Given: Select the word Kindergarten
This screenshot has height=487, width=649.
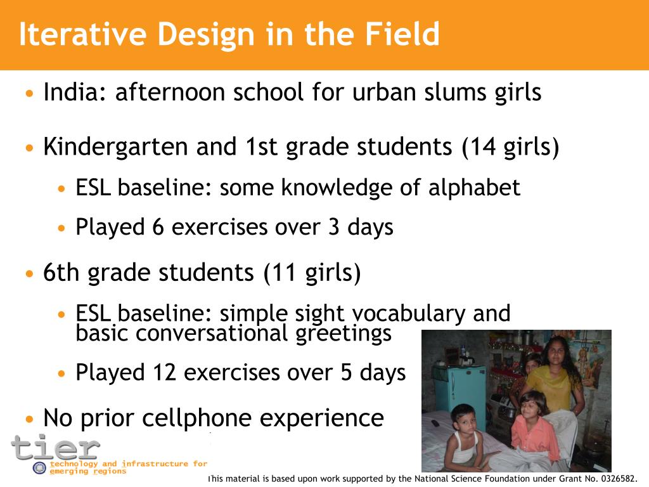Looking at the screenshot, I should click(115, 148).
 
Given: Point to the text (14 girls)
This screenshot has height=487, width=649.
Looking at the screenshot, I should click(510, 148).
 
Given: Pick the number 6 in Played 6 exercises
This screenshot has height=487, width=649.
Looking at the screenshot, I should click(158, 227).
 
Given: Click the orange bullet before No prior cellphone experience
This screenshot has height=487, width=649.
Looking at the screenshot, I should click(30, 419).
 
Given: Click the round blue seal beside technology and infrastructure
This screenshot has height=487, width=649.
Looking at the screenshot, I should click(39, 468).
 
